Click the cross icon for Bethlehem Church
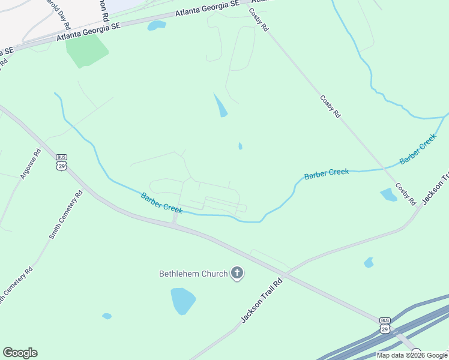(237, 274)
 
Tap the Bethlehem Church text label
(193, 274)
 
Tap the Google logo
(20, 353)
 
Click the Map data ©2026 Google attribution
(412, 355)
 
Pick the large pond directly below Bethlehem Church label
(183, 301)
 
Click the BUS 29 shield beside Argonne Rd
(61, 162)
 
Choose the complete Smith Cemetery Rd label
(65, 215)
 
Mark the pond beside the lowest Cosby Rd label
(388, 194)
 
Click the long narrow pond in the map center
(221, 106)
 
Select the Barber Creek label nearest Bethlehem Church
(161, 203)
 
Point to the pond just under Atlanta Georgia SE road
(157, 25)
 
